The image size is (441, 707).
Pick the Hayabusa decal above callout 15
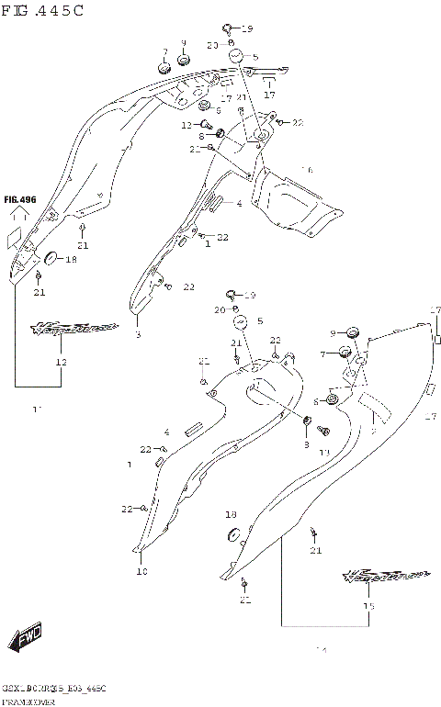pyautogui.click(x=387, y=576)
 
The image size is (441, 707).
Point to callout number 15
pyautogui.click(x=369, y=607)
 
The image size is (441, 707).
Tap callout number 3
pyautogui.click(x=138, y=335)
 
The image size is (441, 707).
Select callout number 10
pyautogui.click(x=141, y=571)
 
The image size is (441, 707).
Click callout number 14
pyautogui.click(x=321, y=651)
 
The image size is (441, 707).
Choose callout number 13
pyautogui.click(x=323, y=453)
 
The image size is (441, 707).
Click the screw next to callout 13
pyautogui.click(x=322, y=430)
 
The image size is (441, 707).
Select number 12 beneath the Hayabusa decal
pyautogui.click(x=62, y=363)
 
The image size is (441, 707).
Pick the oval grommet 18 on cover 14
pyautogui.click(x=232, y=535)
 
